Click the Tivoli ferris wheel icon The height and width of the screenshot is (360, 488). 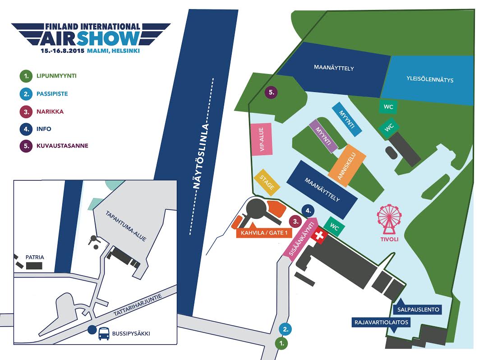(x=390, y=219)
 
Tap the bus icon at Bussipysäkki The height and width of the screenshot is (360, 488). (x=104, y=333)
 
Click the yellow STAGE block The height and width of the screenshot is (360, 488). (x=268, y=183)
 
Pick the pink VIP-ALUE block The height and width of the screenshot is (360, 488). (x=262, y=139)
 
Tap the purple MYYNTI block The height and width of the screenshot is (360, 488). (x=323, y=136)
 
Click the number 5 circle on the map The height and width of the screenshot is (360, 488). (x=272, y=92)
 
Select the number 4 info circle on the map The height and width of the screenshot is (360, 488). (x=308, y=210)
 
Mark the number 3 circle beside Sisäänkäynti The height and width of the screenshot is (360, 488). (x=295, y=222)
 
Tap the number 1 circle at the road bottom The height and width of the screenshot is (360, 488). (x=283, y=343)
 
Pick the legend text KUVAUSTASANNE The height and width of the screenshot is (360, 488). (x=62, y=146)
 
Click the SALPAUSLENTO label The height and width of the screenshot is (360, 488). (x=419, y=310)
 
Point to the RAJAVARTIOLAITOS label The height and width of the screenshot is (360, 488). (x=381, y=322)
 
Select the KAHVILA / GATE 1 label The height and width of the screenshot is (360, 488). (x=261, y=233)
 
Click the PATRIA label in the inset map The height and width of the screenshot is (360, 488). (x=35, y=257)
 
